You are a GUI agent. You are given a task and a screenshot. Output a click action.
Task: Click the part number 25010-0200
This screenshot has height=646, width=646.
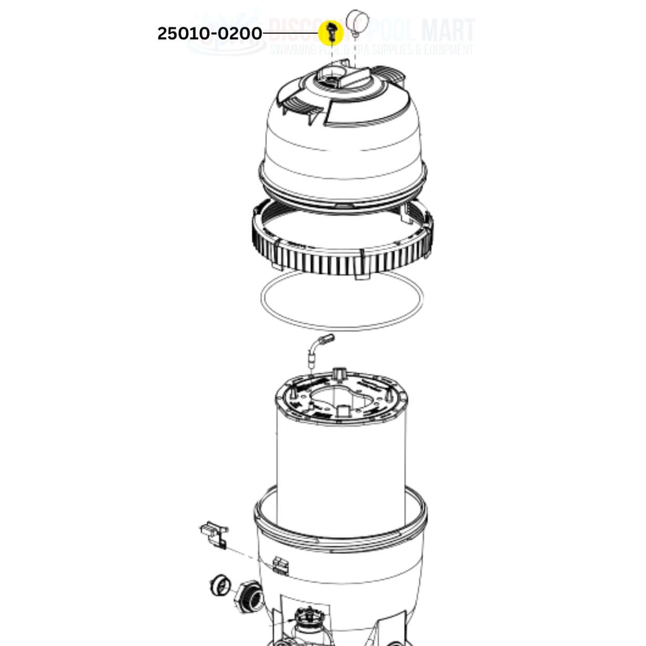(209, 34)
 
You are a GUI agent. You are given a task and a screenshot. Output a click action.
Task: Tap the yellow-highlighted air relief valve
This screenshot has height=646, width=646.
(331, 33)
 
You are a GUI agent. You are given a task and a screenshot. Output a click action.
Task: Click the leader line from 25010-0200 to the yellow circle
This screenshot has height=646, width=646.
(290, 34)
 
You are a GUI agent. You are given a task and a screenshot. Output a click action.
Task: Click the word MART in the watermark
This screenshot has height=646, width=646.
(449, 30)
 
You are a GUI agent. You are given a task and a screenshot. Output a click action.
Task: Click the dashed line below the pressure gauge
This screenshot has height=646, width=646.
(355, 50)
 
